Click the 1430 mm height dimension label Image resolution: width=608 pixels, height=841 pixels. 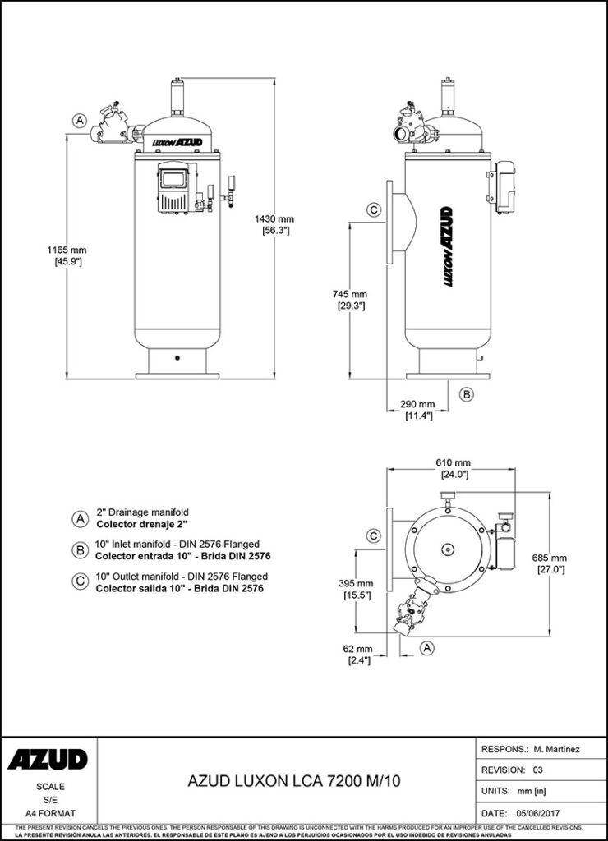[275, 219]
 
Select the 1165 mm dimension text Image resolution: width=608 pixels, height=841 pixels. [68, 250]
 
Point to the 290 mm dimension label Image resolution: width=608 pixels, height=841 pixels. [417, 404]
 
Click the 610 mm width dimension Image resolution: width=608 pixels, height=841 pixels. [453, 463]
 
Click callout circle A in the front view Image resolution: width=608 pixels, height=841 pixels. [80, 120]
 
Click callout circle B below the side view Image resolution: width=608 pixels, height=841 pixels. [466, 394]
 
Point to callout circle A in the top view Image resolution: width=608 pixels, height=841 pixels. [426, 648]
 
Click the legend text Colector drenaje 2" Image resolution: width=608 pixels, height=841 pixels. [143, 523]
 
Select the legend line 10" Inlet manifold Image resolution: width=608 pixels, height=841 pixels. [177, 544]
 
